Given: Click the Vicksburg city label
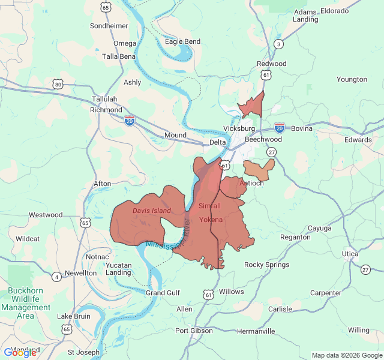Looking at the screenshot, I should pyautogui.click(x=239, y=128).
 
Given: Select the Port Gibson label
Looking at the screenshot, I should pyautogui.click(x=194, y=331).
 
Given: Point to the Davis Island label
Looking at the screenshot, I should pyautogui.click(x=151, y=211).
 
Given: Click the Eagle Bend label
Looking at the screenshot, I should pyautogui.click(x=182, y=41).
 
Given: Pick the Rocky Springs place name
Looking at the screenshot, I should pyautogui.click(x=266, y=265).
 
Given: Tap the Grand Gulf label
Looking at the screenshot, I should pyautogui.click(x=163, y=293).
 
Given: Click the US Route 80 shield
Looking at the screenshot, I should pyautogui.click(x=58, y=85).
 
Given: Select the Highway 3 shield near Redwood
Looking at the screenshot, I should pyautogui.click(x=278, y=44).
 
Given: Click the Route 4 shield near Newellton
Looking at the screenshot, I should pyautogui.click(x=56, y=277).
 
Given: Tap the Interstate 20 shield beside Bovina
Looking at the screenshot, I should pyautogui.click(x=280, y=127).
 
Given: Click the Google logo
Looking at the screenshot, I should pyautogui.click(x=20, y=352).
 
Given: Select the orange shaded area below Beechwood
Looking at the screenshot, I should pyautogui.click(x=259, y=169).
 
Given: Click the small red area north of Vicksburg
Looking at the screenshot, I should pyautogui.click(x=253, y=106).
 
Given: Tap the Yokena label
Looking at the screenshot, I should pyautogui.click(x=211, y=220).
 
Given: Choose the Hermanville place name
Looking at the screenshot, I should pyautogui.click(x=256, y=331).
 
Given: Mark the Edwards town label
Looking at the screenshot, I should pyautogui.click(x=358, y=140).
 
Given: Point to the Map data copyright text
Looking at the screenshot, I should pyautogui.click(x=346, y=355).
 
